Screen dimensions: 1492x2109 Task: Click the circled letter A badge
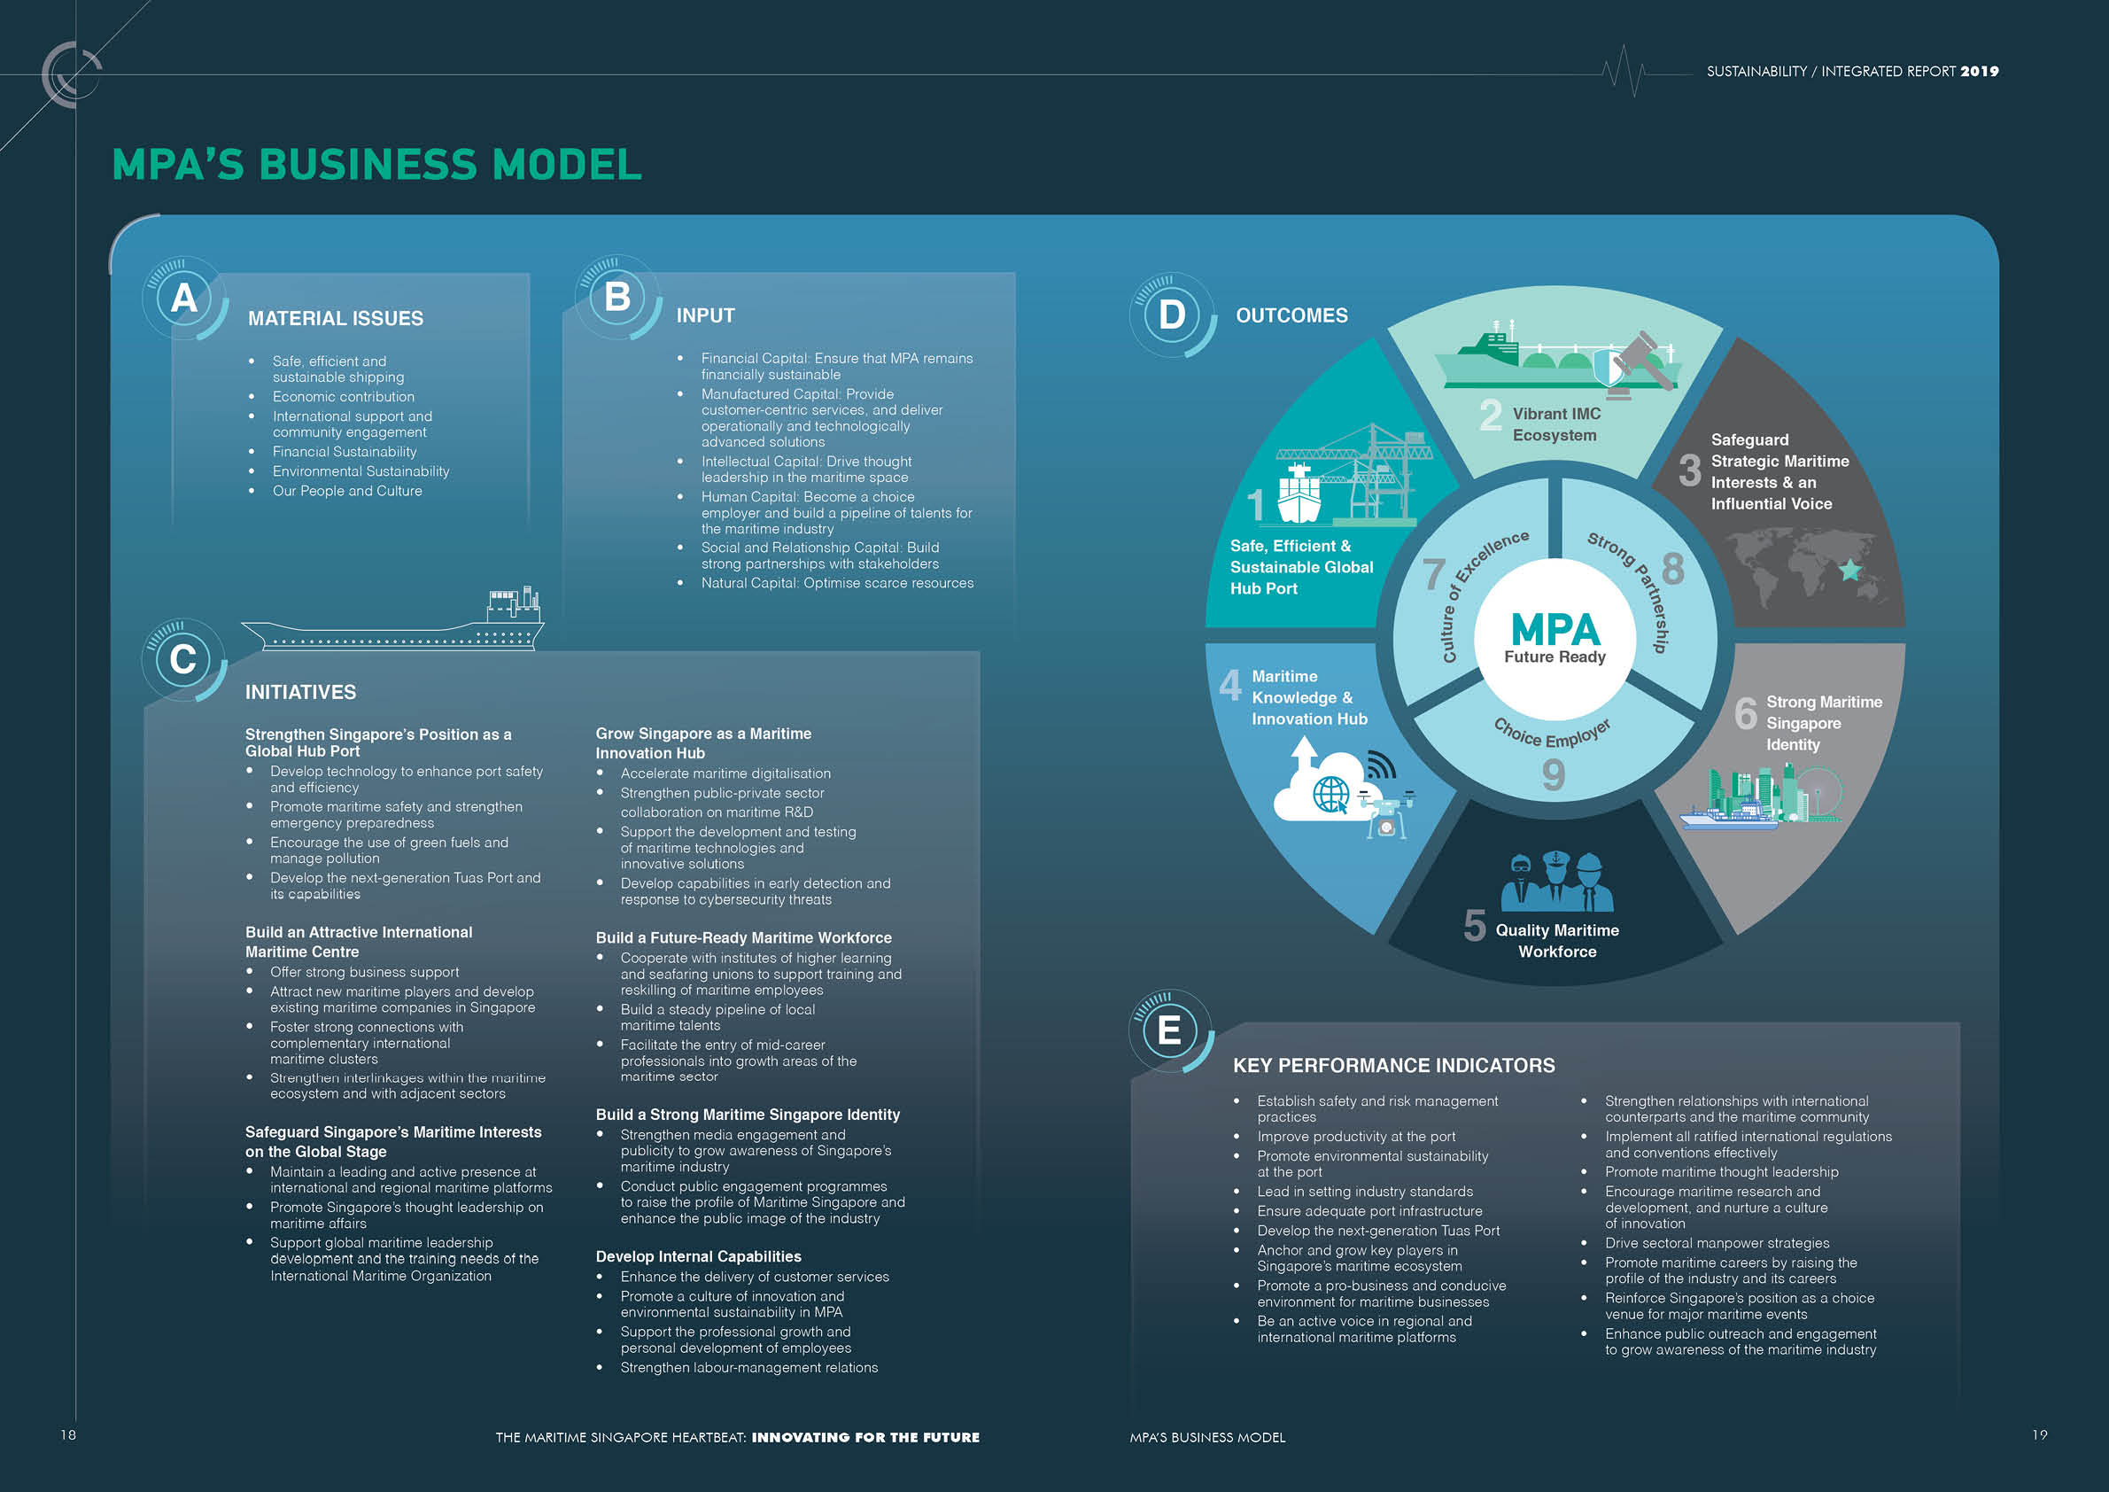183,299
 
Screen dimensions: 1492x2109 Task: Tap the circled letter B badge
617,297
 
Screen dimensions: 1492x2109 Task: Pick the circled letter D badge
1172,315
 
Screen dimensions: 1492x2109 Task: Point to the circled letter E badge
1169,1030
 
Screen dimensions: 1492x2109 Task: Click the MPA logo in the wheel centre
1555,631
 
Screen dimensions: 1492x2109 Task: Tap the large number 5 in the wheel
1474,925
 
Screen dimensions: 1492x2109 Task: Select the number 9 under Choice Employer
1554,774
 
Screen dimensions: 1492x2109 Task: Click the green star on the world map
1850,571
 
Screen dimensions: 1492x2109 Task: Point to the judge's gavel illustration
1640,362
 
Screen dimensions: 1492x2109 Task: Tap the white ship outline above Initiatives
393,626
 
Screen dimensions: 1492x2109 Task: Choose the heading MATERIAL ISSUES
336,319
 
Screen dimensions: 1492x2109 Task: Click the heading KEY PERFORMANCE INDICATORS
1393,1066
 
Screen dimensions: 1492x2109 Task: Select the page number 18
68,1435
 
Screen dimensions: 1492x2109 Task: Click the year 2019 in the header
1980,72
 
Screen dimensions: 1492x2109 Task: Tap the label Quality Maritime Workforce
1557,941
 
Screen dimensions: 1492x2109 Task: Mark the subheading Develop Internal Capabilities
698,1257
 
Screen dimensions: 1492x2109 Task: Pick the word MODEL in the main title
567,166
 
